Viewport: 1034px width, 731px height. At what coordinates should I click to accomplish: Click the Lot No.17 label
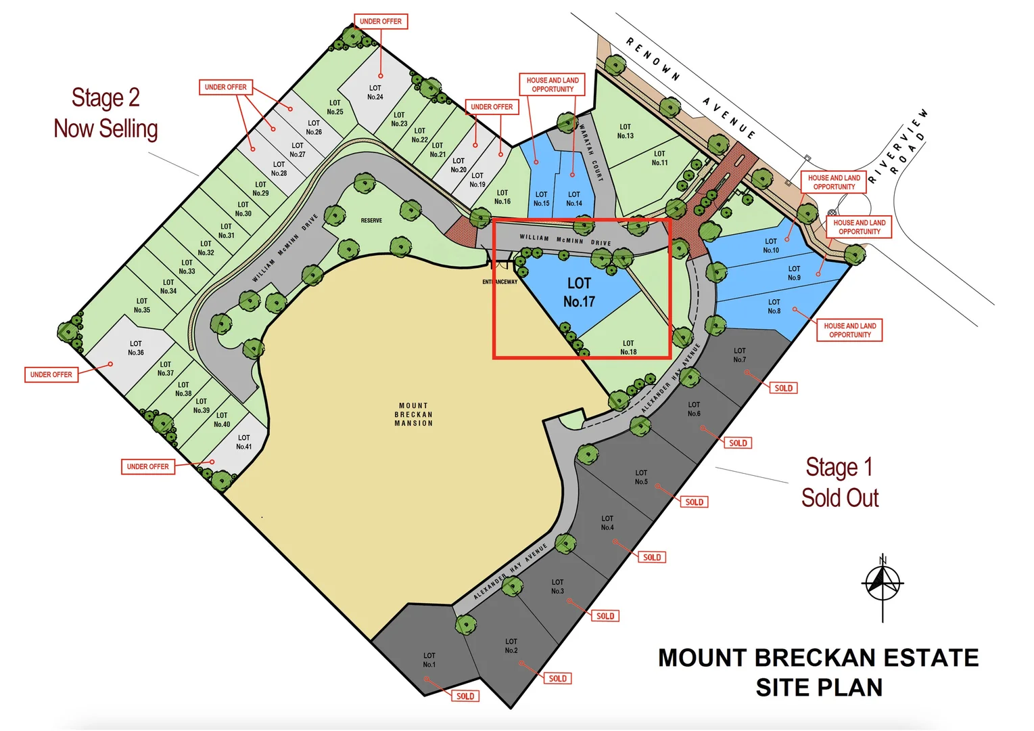[579, 292]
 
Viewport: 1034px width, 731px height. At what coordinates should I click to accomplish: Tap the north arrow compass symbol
[882, 583]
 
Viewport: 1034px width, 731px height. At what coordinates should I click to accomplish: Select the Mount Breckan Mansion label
[413, 414]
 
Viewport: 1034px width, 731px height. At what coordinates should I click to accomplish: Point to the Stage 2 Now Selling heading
[105, 113]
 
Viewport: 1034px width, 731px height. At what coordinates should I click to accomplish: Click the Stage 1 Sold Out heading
[839, 483]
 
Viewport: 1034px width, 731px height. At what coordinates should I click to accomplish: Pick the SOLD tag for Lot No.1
[465, 696]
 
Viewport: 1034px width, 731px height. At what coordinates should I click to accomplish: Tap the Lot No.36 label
[136, 348]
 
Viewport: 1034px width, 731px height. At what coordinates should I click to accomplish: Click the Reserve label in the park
[371, 221]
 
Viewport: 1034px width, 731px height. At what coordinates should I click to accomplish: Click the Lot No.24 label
[375, 92]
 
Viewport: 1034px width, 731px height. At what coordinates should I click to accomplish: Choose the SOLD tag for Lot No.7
[783, 388]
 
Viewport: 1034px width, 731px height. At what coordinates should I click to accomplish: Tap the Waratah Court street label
[590, 152]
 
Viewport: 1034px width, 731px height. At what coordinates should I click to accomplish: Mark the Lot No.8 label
[774, 307]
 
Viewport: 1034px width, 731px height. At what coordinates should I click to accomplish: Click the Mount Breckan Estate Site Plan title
[818, 672]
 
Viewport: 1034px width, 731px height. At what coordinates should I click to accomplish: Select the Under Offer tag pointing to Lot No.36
[51, 374]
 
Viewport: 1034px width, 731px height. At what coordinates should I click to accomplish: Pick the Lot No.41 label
[244, 442]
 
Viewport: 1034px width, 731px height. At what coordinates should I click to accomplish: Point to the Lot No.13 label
[625, 131]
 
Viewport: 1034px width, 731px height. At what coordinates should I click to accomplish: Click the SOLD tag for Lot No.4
[652, 557]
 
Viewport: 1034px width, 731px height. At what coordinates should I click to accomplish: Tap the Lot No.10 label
[771, 246]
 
